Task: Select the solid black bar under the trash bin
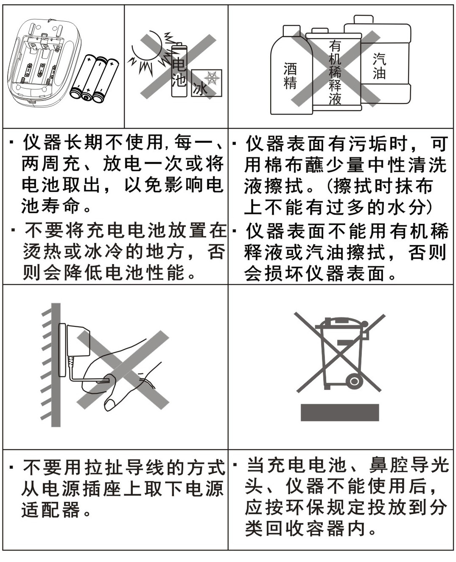click(x=339, y=412)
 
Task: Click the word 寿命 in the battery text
click(x=52, y=206)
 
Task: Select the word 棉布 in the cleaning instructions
click(x=284, y=165)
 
